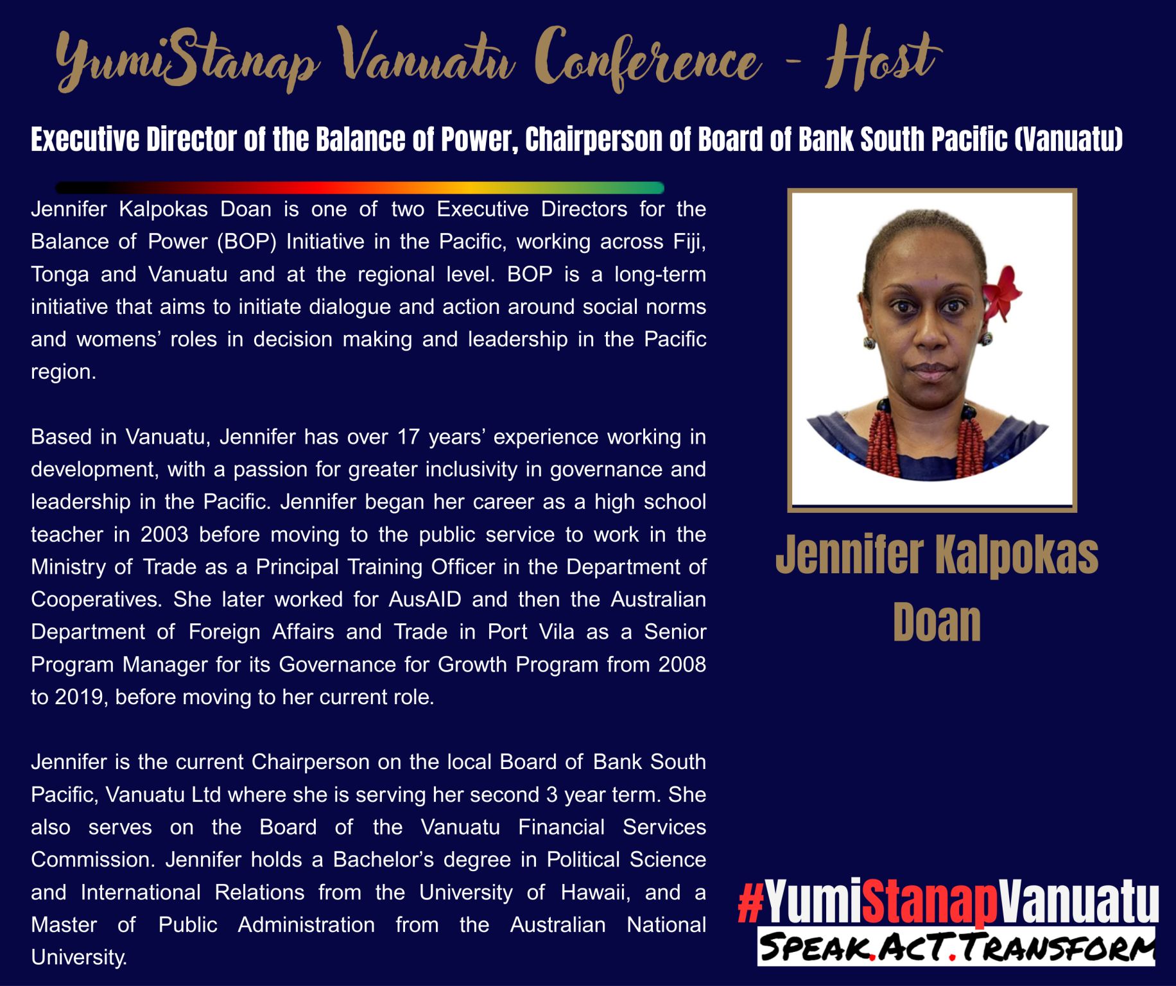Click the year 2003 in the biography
(164, 534)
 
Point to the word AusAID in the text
(425, 599)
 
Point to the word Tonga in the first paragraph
(60, 275)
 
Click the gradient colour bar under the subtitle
(359, 188)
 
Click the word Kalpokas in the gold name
(1016, 555)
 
